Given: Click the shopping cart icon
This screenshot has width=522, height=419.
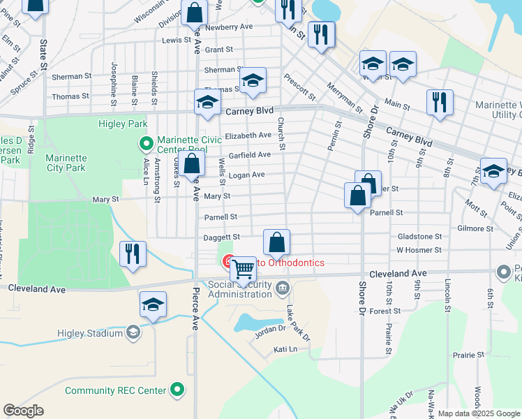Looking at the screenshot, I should click(243, 269).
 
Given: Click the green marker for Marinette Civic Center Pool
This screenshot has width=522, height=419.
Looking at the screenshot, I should click(147, 145).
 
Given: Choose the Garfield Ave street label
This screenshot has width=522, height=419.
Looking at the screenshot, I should click(249, 154).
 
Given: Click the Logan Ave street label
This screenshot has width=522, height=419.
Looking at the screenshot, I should click(247, 175).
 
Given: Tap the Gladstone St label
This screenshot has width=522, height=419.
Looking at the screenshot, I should click(419, 237).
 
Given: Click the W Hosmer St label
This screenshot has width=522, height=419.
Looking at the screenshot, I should click(419, 249).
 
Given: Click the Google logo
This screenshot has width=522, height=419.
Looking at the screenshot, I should click(24, 411).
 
